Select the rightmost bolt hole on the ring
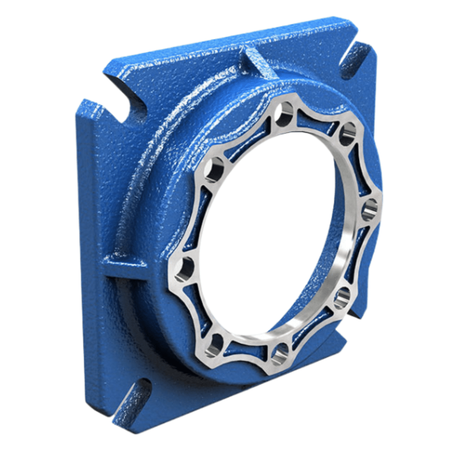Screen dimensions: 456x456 coord(369,210)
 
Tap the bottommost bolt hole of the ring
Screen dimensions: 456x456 coord(280,354)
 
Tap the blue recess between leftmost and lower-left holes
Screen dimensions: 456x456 coord(192,306)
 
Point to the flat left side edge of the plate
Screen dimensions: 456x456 coord(85,249)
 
